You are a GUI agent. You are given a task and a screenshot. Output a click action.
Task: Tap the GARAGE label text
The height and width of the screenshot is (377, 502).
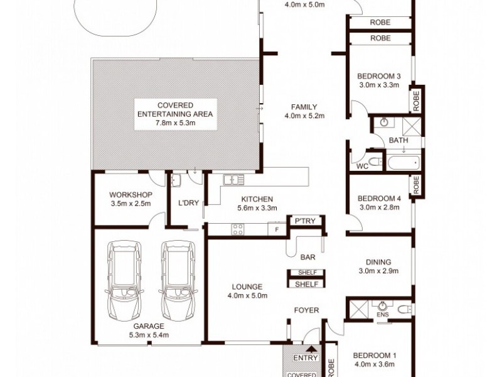148,326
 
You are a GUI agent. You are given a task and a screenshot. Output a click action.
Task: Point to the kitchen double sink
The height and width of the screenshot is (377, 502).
233,180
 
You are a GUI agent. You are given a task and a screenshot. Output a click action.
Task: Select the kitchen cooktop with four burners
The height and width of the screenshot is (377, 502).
238,229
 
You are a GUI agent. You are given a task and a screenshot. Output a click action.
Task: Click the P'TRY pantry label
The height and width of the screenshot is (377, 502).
305,221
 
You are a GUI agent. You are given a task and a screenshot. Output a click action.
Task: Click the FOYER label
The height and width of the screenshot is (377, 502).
307,310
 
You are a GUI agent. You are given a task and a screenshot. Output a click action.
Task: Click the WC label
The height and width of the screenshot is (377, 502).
361,167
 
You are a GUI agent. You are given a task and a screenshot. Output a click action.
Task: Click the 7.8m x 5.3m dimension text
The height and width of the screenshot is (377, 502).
176,123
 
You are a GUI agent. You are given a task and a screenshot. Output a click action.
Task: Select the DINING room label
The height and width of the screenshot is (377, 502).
378,262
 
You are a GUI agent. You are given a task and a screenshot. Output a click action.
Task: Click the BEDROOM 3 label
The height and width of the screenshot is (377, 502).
379,76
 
